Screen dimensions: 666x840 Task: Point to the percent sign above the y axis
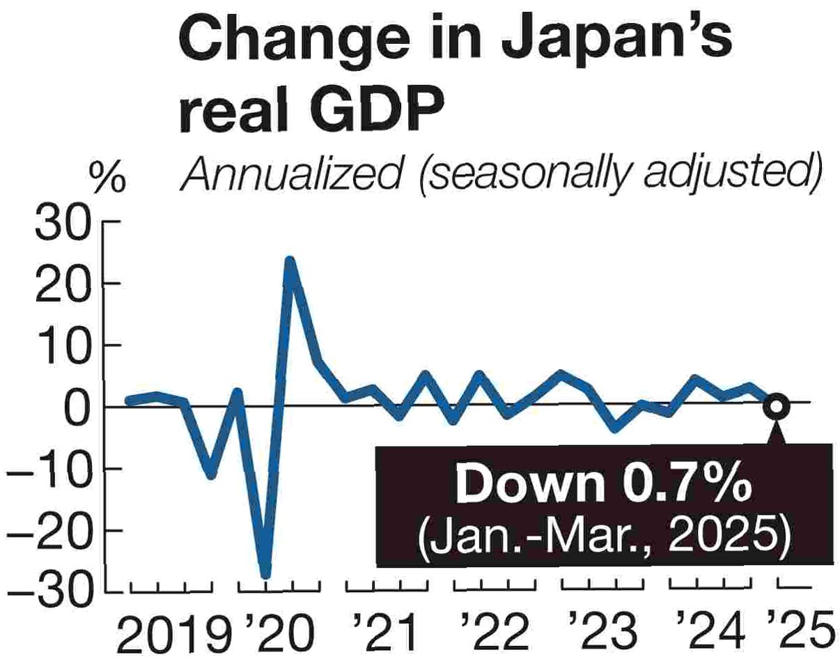108,179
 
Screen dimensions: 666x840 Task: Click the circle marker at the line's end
777,405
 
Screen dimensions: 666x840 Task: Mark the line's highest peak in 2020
290,262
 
